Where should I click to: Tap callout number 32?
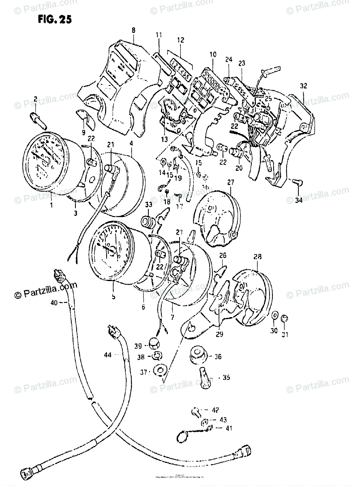(x=304, y=85)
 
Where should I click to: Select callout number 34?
(x=300, y=199)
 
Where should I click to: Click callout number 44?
(x=107, y=355)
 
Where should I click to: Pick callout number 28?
(x=257, y=257)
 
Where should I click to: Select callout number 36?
(x=218, y=357)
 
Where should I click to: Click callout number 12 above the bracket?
(x=180, y=40)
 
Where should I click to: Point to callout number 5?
(x=114, y=296)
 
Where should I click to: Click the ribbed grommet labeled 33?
(x=148, y=222)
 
